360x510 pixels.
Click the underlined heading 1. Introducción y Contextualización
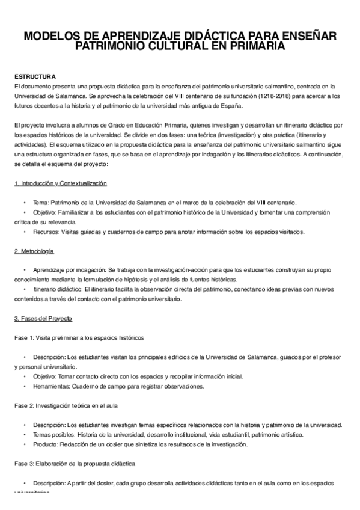point(60,182)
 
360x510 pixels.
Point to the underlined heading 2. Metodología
point(35,250)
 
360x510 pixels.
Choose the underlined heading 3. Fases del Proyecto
point(43,317)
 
